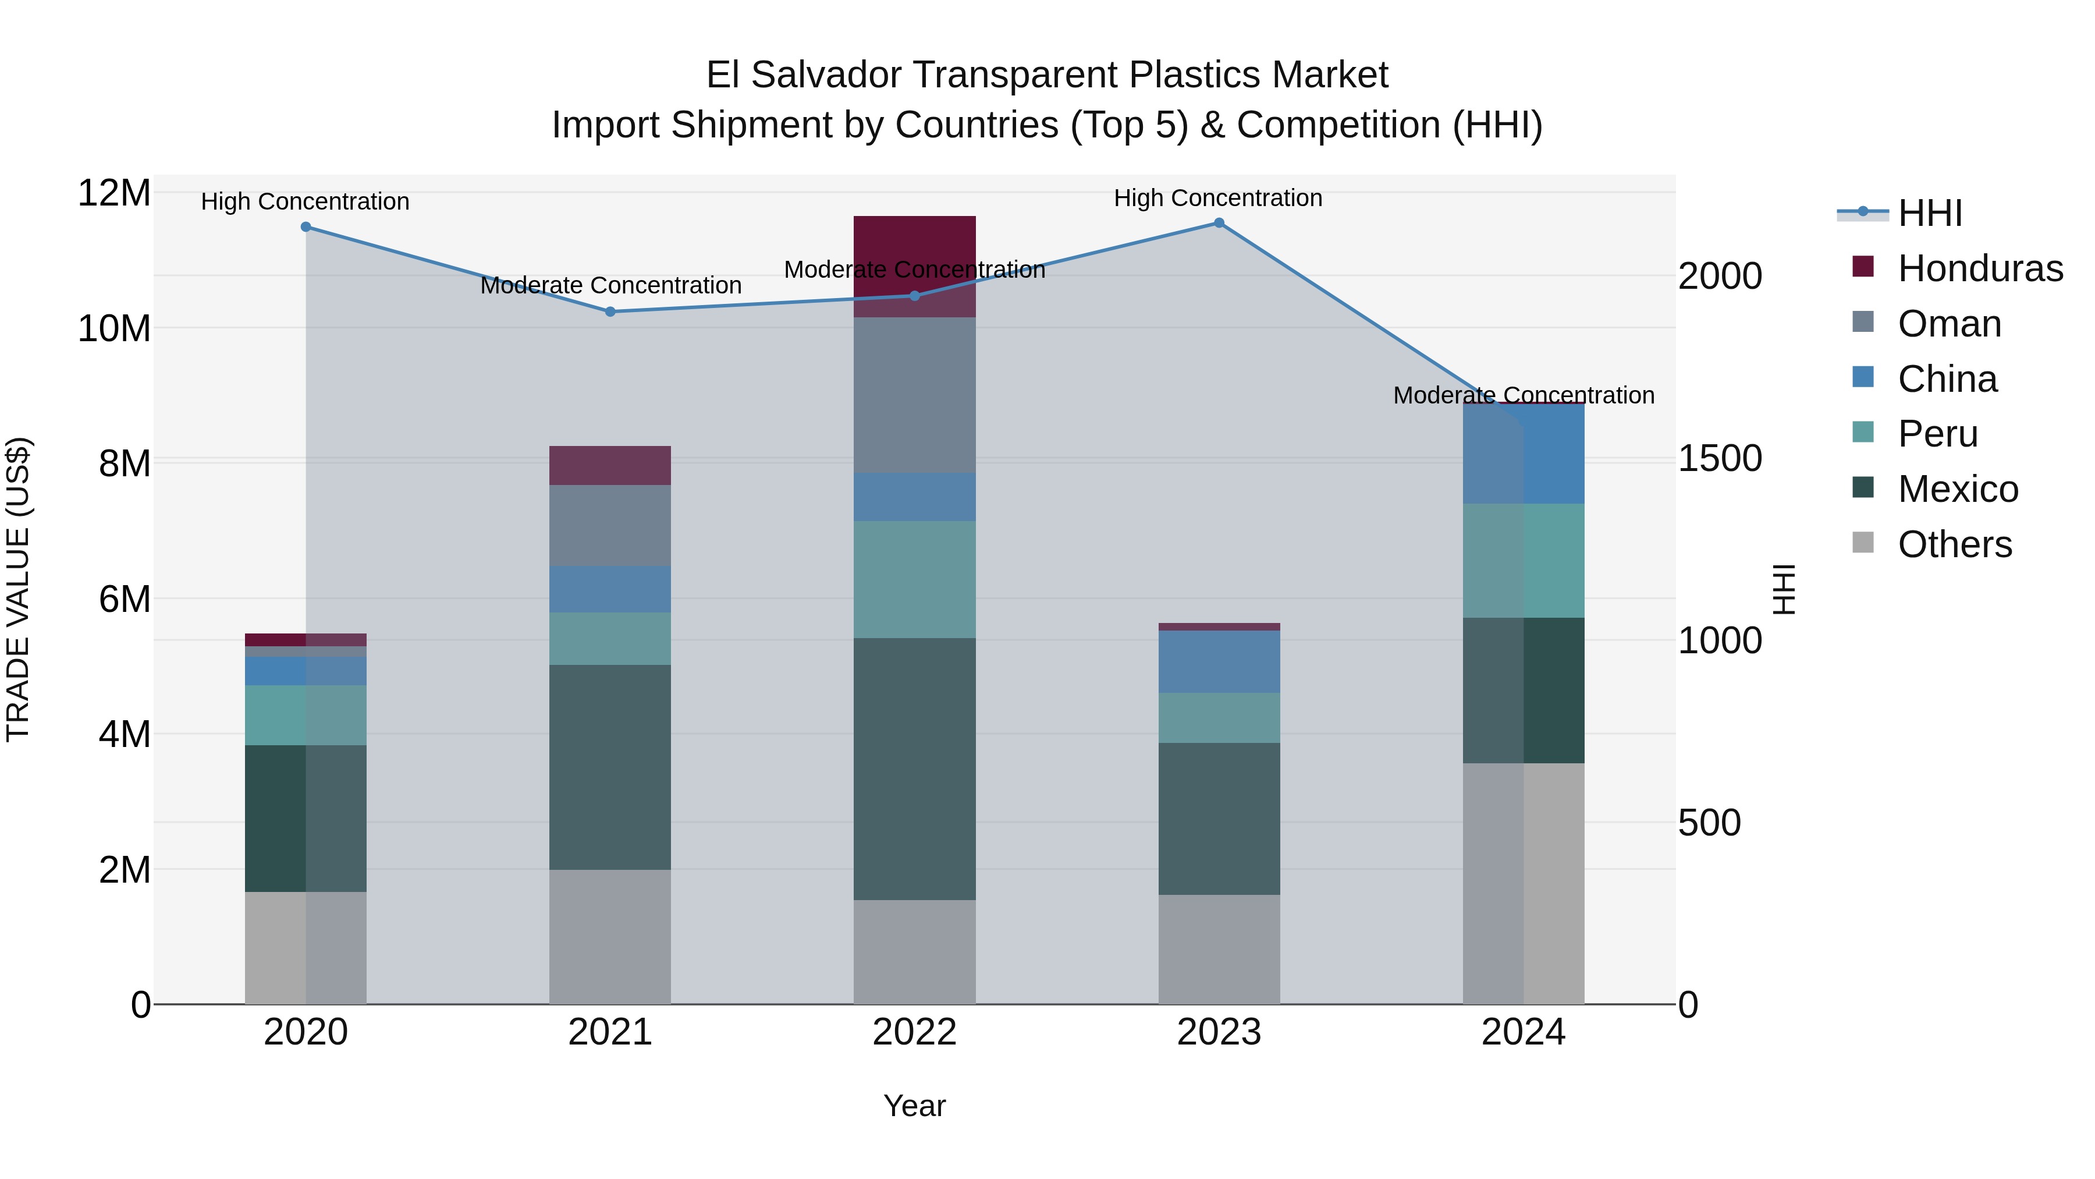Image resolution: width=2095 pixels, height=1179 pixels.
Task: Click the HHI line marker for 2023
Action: pyautogui.click(x=1218, y=223)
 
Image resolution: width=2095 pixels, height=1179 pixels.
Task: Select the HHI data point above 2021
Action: pyautogui.click(x=610, y=311)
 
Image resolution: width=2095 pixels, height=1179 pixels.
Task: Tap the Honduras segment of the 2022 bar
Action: pyautogui.click(x=914, y=244)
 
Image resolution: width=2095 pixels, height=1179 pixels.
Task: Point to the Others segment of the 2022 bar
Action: pyautogui.click(x=914, y=951)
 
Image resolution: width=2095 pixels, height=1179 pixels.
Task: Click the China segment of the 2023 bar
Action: pyautogui.click(x=1218, y=661)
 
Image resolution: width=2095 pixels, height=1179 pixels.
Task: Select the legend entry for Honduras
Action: pyautogui.click(x=1980, y=268)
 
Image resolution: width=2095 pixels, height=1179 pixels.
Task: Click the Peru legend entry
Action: pyautogui.click(x=1937, y=434)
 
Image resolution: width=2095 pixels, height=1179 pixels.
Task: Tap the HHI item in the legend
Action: pyautogui.click(x=1929, y=213)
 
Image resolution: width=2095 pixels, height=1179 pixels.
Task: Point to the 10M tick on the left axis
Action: pyautogui.click(x=114, y=329)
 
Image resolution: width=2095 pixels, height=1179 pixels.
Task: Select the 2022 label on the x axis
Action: pyautogui.click(x=914, y=1032)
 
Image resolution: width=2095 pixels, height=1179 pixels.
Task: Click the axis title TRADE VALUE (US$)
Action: pyautogui.click(x=18, y=589)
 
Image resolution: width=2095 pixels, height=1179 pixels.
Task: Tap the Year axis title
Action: pyautogui.click(x=914, y=1106)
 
